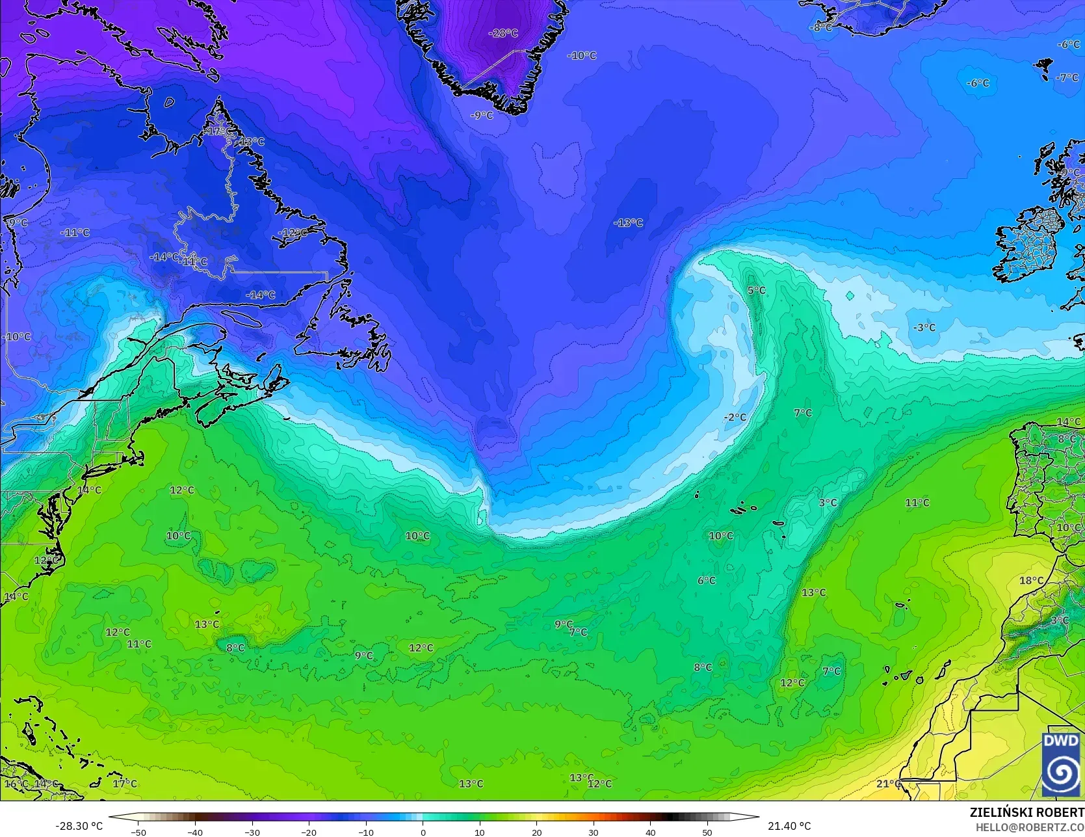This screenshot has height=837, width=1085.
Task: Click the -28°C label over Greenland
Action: (503, 33)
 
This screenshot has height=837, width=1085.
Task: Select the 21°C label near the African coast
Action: (889, 784)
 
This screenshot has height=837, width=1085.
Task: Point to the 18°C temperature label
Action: (1031, 581)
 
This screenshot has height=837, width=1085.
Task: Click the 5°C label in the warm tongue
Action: (756, 291)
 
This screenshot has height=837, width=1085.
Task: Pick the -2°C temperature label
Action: (735, 417)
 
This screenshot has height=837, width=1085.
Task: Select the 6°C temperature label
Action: (707, 580)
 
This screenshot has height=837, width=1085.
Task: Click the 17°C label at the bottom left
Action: (125, 784)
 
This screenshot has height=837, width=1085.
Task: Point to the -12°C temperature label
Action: (292, 233)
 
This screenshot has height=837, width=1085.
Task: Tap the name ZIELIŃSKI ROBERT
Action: (1026, 812)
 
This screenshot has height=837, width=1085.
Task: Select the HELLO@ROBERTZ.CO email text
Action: (1030, 826)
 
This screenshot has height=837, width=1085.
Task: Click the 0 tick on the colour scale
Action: (423, 832)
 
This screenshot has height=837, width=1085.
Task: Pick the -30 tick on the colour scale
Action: (252, 832)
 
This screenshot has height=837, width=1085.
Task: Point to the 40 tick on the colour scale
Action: (650, 832)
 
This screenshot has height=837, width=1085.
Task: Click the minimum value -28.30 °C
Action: (79, 826)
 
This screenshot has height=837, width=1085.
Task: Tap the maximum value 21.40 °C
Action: (789, 826)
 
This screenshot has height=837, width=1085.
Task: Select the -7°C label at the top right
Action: (1067, 77)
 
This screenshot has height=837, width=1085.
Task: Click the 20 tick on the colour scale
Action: (536, 832)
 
